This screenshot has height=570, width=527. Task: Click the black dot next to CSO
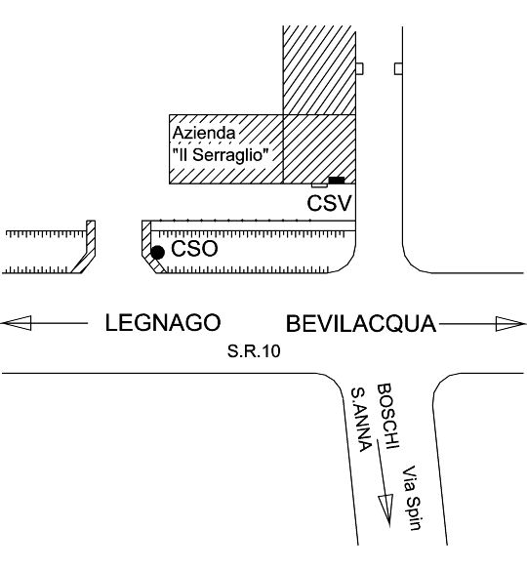click(x=157, y=252)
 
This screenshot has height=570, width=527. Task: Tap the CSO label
click(x=194, y=249)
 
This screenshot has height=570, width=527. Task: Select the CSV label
click(x=330, y=203)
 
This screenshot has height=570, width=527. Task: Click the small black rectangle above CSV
click(x=337, y=181)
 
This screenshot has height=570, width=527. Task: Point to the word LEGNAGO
click(x=163, y=322)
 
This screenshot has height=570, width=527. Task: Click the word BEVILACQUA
click(x=361, y=324)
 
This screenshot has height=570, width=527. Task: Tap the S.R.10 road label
click(x=254, y=351)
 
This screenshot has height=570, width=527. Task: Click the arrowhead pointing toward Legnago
click(x=17, y=323)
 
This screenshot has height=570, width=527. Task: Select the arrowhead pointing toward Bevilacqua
click(x=510, y=324)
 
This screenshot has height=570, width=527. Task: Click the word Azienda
click(x=204, y=133)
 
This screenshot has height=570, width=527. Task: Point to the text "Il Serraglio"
click(x=221, y=155)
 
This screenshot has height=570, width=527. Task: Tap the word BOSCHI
click(x=388, y=416)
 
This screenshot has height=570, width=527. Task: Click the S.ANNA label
click(x=361, y=419)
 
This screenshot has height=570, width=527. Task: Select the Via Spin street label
click(x=412, y=498)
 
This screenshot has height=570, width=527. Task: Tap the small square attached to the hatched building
click(x=359, y=68)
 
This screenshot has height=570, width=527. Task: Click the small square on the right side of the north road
click(x=399, y=68)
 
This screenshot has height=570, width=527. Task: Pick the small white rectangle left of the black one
click(x=319, y=185)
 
